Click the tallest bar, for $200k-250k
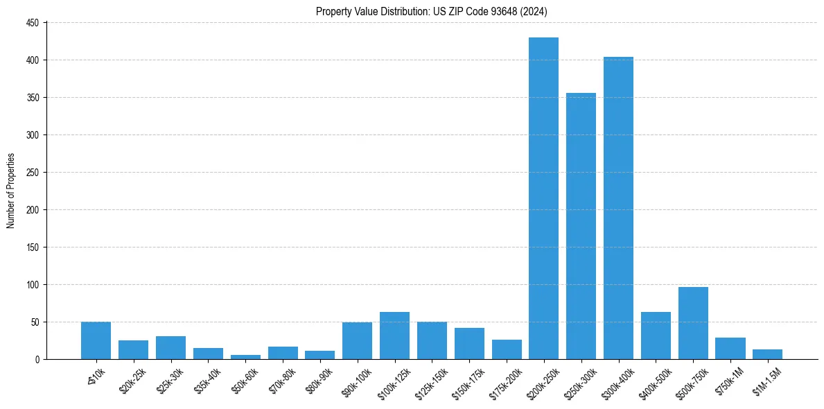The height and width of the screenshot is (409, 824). click(x=543, y=198)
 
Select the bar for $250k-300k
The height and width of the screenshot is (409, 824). click(x=581, y=226)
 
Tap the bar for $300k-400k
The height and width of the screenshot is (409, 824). click(x=618, y=208)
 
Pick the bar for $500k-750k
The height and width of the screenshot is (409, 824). click(x=693, y=323)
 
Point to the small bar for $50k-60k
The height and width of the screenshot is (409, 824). click(x=245, y=356)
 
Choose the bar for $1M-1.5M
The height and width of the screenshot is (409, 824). click(x=767, y=354)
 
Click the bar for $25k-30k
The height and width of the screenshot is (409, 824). click(x=170, y=347)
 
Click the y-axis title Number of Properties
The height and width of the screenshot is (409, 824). click(x=10, y=191)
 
